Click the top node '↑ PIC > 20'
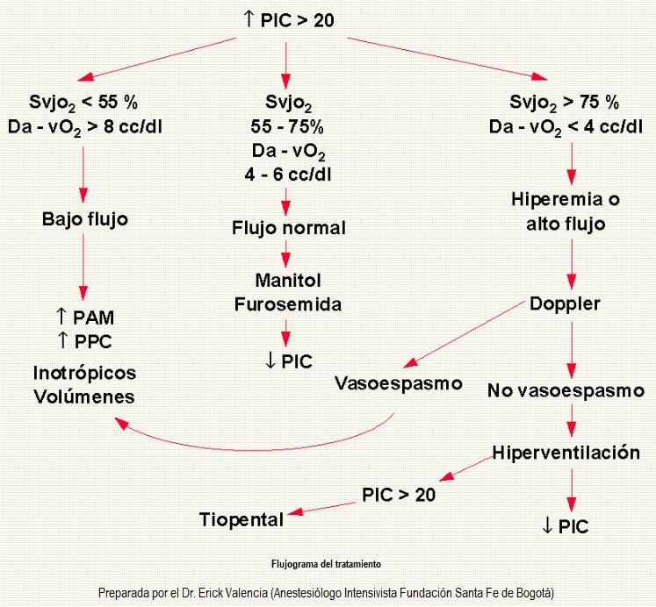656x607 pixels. click(x=288, y=19)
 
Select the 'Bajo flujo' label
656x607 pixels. click(x=85, y=219)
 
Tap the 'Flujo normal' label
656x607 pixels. click(x=289, y=228)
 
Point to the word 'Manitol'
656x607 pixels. click(x=288, y=280)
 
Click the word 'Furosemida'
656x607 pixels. click(x=288, y=304)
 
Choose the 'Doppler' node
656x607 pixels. click(x=565, y=304)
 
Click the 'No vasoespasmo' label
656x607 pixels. click(x=566, y=390)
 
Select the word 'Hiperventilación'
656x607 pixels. click(x=566, y=453)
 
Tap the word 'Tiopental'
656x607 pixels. click(x=241, y=519)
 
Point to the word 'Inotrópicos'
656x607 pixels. click(x=84, y=373)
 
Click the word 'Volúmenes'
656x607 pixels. click(x=84, y=396)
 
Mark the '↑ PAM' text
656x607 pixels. click(x=84, y=318)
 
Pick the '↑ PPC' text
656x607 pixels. click(x=84, y=341)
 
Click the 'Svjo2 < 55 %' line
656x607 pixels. click(x=83, y=103)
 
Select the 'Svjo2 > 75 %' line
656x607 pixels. click(x=565, y=103)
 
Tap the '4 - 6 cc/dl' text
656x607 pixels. click(x=288, y=175)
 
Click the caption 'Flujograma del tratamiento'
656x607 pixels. click(x=327, y=564)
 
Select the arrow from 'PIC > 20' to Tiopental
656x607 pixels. click(x=321, y=509)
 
